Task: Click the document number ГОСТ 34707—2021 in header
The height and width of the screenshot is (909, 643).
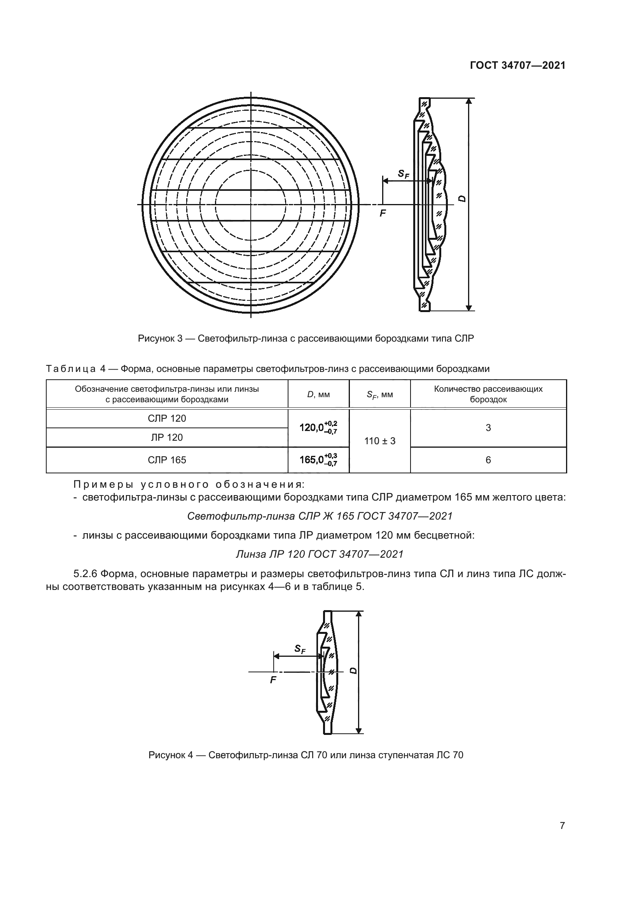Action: point(517,66)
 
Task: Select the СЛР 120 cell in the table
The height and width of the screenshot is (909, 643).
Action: point(167,419)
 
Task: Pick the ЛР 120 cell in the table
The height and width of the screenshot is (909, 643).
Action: point(167,438)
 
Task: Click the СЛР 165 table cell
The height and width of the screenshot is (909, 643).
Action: point(167,460)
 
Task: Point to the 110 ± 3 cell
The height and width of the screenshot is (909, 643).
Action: point(380,441)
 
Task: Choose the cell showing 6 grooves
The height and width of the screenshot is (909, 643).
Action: point(488,460)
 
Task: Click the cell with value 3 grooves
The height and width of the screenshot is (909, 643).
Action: point(488,427)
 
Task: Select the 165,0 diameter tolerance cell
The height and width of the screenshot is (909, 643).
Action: point(318,460)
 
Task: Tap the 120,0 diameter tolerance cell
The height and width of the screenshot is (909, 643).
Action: point(318,427)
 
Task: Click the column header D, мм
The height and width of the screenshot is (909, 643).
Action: point(318,394)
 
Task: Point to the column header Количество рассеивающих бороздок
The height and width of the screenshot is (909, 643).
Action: point(488,394)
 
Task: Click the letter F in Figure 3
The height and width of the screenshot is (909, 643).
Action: point(383,214)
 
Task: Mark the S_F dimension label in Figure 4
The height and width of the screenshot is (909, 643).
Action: point(300,649)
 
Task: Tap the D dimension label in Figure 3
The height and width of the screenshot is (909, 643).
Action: point(462,199)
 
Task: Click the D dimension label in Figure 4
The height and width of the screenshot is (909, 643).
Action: point(353,671)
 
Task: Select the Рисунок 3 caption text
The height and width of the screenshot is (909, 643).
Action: point(306,338)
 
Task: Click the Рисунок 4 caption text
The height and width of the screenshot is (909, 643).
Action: point(306,755)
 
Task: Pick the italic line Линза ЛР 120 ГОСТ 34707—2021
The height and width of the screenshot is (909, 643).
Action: point(320,554)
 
